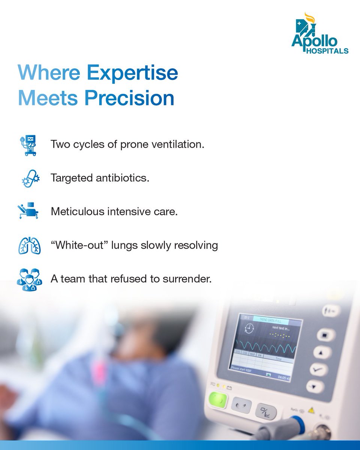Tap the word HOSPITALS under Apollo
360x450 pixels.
(x=328, y=51)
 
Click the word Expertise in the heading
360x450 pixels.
(x=132, y=73)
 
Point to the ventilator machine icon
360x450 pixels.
(x=28, y=145)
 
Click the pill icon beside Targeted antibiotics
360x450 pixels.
(x=29, y=178)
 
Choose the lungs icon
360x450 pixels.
(x=29, y=246)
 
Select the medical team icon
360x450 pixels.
(x=29, y=279)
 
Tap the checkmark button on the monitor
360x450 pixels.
(x=319, y=369)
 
